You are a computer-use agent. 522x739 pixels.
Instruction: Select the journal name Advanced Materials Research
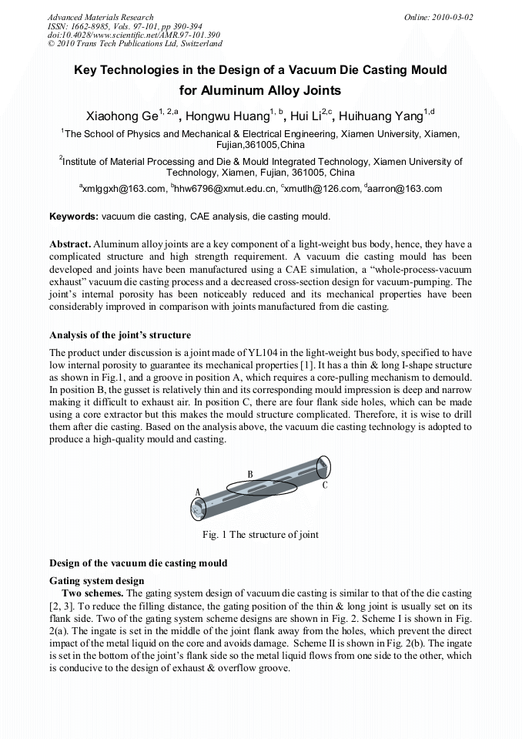100,17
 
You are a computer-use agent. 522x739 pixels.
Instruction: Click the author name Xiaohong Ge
122,116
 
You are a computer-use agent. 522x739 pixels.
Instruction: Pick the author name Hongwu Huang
228,116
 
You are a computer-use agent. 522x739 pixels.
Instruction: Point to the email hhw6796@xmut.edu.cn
226,189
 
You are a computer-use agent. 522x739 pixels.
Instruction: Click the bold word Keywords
73,217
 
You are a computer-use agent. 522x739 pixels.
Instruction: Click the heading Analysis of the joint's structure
120,335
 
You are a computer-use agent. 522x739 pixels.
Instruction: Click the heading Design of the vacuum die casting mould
138,563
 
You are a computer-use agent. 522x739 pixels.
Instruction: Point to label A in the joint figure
198,492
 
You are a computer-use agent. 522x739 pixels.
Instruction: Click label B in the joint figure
250,474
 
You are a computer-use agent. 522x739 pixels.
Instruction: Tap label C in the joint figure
325,485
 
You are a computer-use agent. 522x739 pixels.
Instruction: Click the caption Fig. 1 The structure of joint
260,535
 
